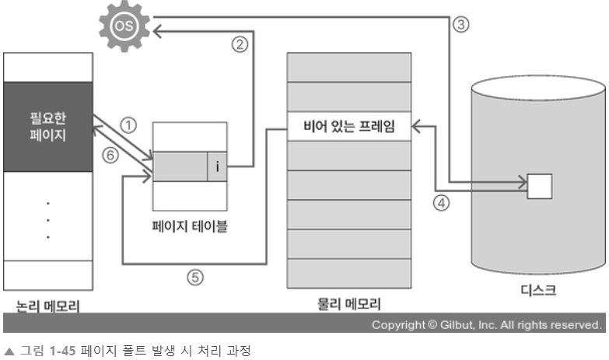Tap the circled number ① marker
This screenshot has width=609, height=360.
click(130, 124)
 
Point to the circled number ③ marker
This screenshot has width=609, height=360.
click(460, 23)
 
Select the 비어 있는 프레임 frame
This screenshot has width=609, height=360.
click(349, 125)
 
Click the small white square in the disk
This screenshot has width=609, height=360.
click(540, 185)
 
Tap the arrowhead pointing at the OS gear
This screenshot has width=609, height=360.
click(156, 31)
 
